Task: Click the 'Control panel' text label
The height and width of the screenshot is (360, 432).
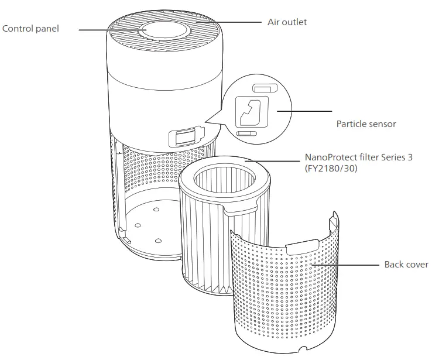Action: [30, 29]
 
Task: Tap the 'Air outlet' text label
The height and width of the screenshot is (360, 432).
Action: [287, 22]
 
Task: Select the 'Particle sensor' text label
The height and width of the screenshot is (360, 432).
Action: [366, 124]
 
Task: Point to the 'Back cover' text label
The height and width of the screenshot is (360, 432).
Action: [406, 265]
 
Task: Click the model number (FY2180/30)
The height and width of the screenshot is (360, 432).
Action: [331, 169]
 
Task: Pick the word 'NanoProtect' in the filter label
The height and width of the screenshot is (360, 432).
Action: [332, 158]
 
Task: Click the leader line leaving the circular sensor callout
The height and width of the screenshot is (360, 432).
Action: [304, 111]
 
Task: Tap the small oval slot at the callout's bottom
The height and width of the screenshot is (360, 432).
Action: [245, 133]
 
